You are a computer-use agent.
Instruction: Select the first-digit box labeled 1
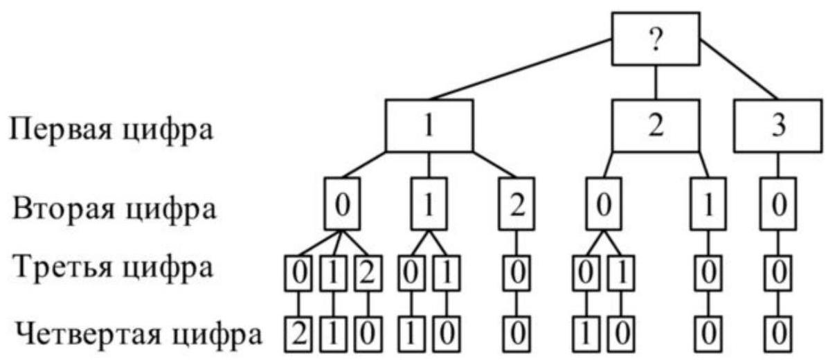[x=429, y=126]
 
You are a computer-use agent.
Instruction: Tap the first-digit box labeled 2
[x=655, y=126]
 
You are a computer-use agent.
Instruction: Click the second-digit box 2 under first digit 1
[x=515, y=207]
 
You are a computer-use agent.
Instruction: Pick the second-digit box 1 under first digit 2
[x=708, y=207]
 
